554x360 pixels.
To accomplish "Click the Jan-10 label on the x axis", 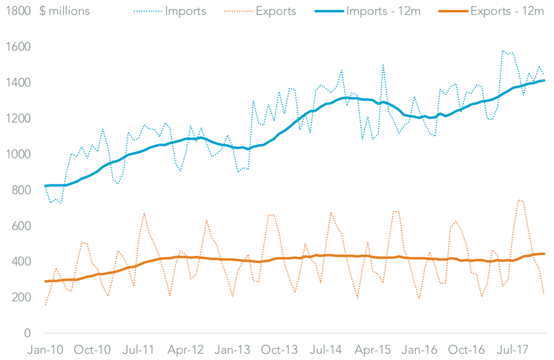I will pyautogui.click(x=45, y=350).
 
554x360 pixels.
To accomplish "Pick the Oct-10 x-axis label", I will pyautogui.click(x=92, y=350).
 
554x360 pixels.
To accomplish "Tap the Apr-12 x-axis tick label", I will pyautogui.click(x=186, y=350).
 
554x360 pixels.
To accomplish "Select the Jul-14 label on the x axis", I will pyautogui.click(x=325, y=350).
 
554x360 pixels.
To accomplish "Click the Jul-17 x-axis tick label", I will pyautogui.click(x=512, y=350).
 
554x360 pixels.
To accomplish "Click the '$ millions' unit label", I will pyautogui.click(x=64, y=11).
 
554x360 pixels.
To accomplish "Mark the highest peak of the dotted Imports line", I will pyautogui.click(x=503, y=51).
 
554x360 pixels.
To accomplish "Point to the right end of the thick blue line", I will pyautogui.click(x=544, y=80).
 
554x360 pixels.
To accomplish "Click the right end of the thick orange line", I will pyautogui.click(x=544, y=254).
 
